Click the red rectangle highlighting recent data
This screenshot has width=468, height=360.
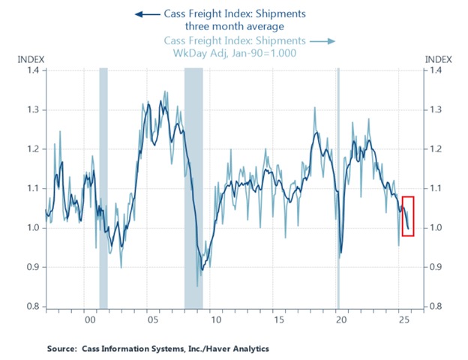[408, 216]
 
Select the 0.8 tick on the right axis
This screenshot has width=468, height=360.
[434, 307]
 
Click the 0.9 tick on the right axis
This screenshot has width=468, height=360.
[434, 267]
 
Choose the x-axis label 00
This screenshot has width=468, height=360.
[90, 319]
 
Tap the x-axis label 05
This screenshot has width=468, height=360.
[152, 319]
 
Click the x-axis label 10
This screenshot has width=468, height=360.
[215, 319]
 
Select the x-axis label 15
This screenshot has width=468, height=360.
[278, 319]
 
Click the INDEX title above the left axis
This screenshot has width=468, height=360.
[31, 58]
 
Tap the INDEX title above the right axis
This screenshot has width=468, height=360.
[437, 58]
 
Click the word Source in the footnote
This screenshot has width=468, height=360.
[62, 349]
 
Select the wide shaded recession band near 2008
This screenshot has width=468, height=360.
[193, 187]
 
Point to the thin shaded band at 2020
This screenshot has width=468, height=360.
[337, 187]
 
